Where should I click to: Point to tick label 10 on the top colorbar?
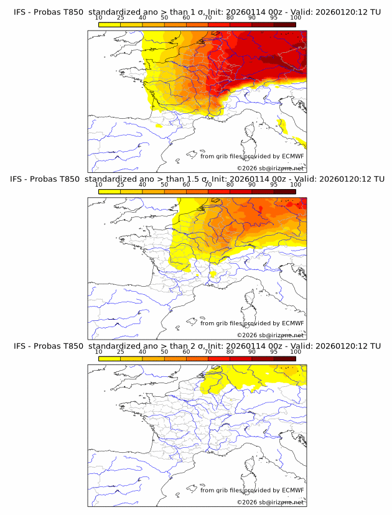pos(98,19)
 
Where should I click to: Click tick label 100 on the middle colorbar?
pos(296,185)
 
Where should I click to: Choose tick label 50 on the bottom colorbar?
pos(164,352)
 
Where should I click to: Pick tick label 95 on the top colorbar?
pos(274,19)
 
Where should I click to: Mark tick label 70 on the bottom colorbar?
pos(208,352)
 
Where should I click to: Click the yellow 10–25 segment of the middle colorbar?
pos(109,192)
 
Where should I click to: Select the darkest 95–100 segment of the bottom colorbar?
pos(284,358)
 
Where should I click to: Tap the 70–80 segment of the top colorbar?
pos(219,25)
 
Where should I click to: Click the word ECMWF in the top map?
pos(292,157)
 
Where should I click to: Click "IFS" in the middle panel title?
pos(20,179)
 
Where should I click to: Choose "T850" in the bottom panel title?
pos(70,346)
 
